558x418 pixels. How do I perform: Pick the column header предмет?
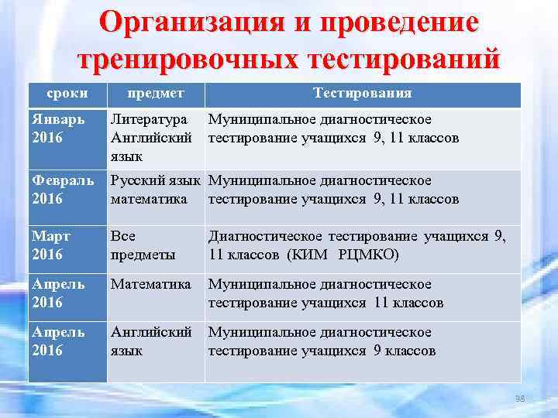(x=155, y=93)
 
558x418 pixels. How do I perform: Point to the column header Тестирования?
(x=362, y=93)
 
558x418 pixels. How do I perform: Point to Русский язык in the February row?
(x=156, y=181)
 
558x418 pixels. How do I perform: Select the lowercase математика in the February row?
(x=149, y=199)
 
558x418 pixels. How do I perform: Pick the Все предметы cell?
(x=143, y=245)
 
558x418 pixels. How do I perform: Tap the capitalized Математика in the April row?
(x=150, y=285)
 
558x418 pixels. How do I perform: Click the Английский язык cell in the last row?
(x=150, y=341)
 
